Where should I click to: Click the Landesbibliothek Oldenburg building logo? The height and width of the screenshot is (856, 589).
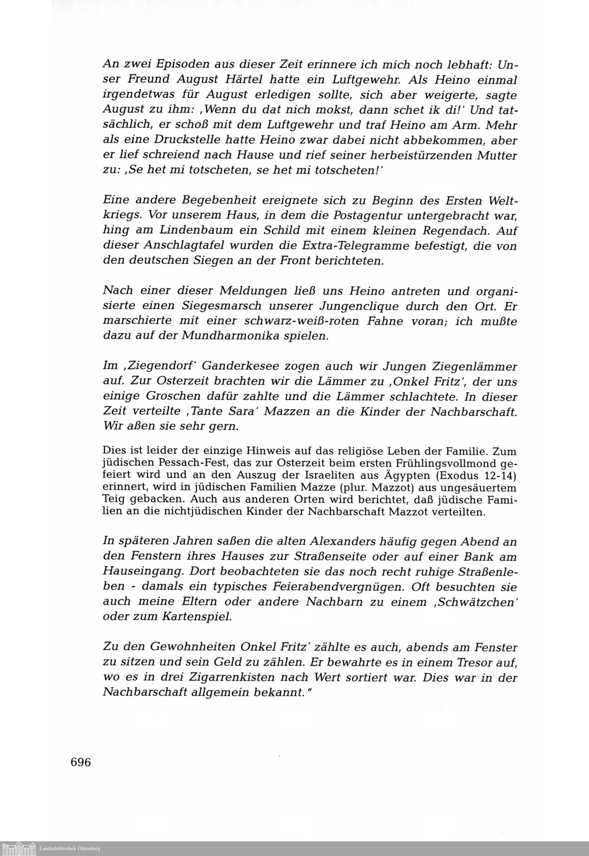pyautogui.click(x=19, y=849)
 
